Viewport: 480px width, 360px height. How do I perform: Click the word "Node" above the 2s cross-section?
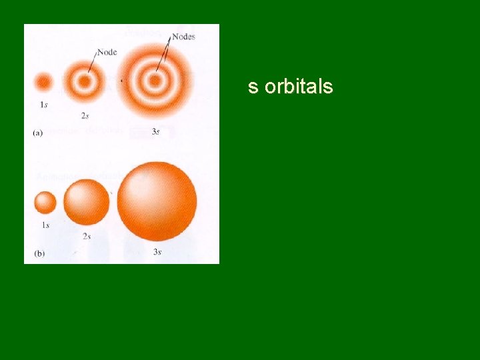tap(107, 52)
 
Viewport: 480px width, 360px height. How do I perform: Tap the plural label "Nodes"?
tap(183, 37)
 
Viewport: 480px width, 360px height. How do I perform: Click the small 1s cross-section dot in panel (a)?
tap(44, 82)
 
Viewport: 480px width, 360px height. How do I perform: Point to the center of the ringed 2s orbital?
tap(85, 82)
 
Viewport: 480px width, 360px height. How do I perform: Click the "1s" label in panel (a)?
tap(43, 105)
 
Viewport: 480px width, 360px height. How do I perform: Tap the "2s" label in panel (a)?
tap(85, 116)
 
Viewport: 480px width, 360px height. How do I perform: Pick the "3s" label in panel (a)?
tap(155, 131)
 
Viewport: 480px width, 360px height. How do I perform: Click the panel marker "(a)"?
tap(37, 133)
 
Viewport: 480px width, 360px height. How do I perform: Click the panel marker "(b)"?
tap(38, 253)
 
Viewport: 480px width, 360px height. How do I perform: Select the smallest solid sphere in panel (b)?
tap(45, 201)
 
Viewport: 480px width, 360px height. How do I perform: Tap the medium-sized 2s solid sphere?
tap(87, 202)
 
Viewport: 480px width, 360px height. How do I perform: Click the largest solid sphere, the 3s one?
tap(157, 201)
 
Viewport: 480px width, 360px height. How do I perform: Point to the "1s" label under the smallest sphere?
tap(45, 225)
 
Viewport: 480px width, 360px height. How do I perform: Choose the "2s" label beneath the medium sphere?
tap(87, 236)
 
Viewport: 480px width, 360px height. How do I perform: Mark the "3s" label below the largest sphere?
tap(157, 251)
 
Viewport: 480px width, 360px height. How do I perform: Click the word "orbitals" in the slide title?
tap(299, 87)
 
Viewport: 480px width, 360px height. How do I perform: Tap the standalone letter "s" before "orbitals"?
tap(253, 87)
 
